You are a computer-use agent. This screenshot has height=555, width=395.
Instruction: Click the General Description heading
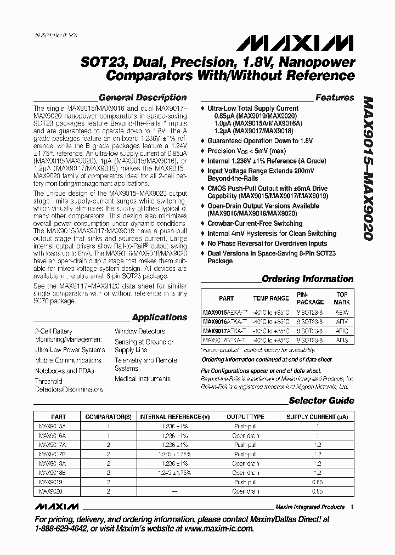(143, 98)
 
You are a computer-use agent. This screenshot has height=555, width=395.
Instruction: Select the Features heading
(335, 98)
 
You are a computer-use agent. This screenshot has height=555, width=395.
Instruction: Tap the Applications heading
(160, 317)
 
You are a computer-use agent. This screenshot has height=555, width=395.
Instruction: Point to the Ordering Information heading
(307, 279)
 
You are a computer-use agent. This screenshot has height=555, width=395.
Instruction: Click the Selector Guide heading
(321, 400)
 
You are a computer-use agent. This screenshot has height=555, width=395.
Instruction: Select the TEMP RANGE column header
(270, 298)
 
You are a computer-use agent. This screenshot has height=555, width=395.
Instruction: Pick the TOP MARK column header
(342, 298)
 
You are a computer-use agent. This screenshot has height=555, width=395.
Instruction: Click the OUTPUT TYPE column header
(245, 417)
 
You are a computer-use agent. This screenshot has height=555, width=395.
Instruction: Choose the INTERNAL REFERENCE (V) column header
(174, 417)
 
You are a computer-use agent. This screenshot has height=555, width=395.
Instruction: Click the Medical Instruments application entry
(143, 378)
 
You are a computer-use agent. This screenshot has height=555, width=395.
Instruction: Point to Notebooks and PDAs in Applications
(65, 370)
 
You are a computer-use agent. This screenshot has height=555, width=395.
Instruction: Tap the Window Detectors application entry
(140, 331)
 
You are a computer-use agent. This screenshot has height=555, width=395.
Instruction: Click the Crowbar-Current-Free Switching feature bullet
(255, 224)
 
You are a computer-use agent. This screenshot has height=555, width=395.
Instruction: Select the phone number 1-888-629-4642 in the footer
(60, 529)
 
